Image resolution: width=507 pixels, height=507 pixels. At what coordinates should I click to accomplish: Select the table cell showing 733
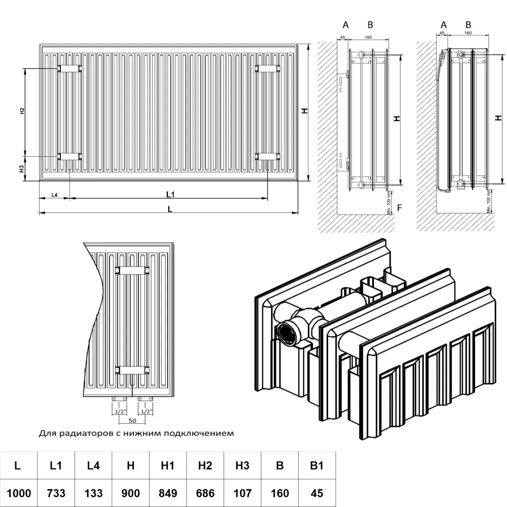pyautogui.click(x=55, y=492)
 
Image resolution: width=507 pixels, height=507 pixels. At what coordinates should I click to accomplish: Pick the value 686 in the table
pyautogui.click(x=205, y=492)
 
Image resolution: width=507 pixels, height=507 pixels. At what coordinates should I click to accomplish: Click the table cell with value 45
pyautogui.click(x=316, y=492)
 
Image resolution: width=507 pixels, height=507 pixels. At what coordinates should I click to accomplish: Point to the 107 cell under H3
pyautogui.click(x=242, y=492)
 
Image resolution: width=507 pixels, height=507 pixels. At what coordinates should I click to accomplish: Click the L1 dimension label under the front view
pyautogui.click(x=170, y=194)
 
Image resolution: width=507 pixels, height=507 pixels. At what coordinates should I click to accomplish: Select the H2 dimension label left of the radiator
pyautogui.click(x=22, y=111)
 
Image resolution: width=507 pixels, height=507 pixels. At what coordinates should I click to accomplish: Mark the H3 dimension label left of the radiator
pyautogui.click(x=22, y=168)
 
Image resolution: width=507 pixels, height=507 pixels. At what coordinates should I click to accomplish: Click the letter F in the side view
pyautogui.click(x=400, y=207)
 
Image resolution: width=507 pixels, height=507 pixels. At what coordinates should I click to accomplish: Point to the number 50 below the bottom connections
pyautogui.click(x=132, y=420)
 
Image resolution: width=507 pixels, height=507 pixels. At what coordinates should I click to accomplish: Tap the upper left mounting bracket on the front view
pyautogui.click(x=69, y=68)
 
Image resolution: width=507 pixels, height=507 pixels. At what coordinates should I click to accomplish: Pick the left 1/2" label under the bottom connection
pyautogui.click(x=120, y=411)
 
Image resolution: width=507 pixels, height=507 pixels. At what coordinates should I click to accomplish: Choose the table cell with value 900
pyautogui.click(x=130, y=492)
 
